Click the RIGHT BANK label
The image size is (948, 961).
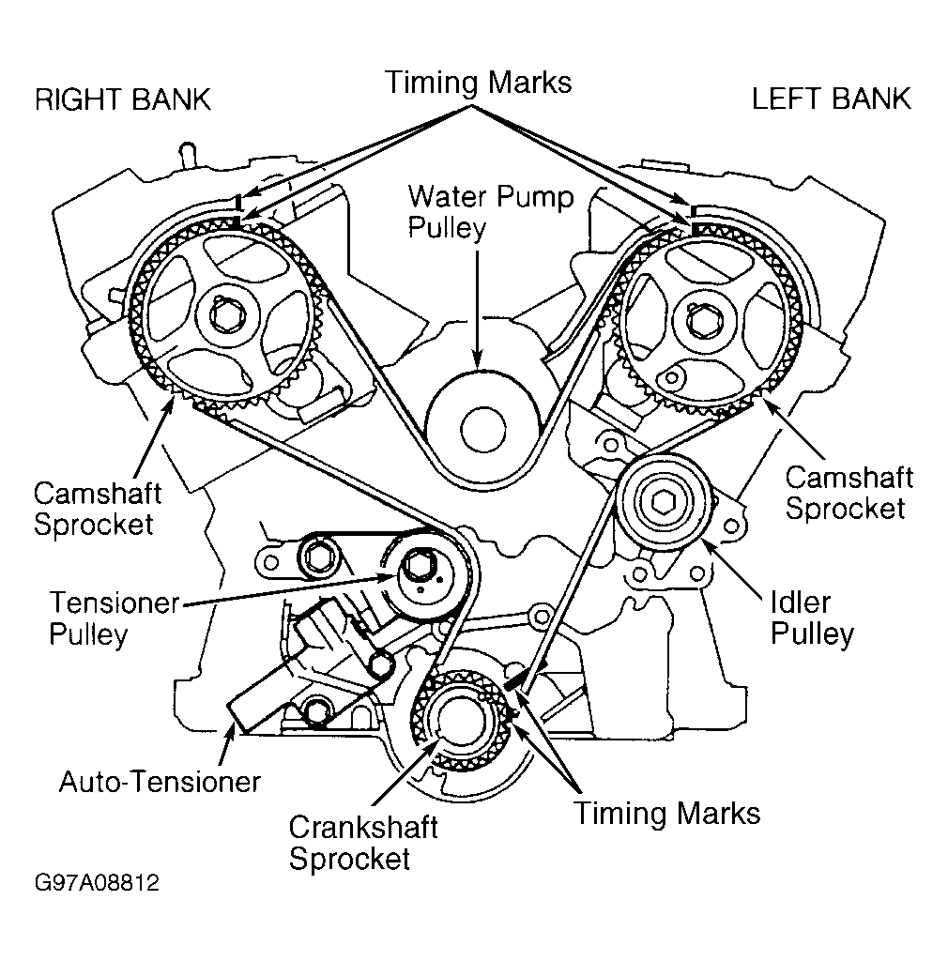click(123, 99)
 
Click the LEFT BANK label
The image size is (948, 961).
click(832, 99)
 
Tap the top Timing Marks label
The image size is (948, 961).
click(478, 83)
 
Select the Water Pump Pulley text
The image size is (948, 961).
click(491, 212)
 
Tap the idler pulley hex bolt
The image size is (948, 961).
click(664, 503)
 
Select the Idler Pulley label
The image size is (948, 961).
click(812, 618)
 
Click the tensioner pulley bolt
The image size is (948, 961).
click(420, 564)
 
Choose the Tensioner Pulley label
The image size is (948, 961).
click(114, 618)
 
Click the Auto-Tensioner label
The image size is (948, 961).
click(160, 782)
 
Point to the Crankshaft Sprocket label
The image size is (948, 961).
click(363, 843)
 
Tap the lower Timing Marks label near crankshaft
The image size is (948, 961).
click(666, 814)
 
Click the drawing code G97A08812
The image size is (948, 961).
click(97, 882)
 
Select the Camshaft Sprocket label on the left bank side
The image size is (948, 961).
click(849, 493)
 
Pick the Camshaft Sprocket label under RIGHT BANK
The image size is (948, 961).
click(98, 509)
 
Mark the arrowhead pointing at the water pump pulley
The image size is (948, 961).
click(478, 360)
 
